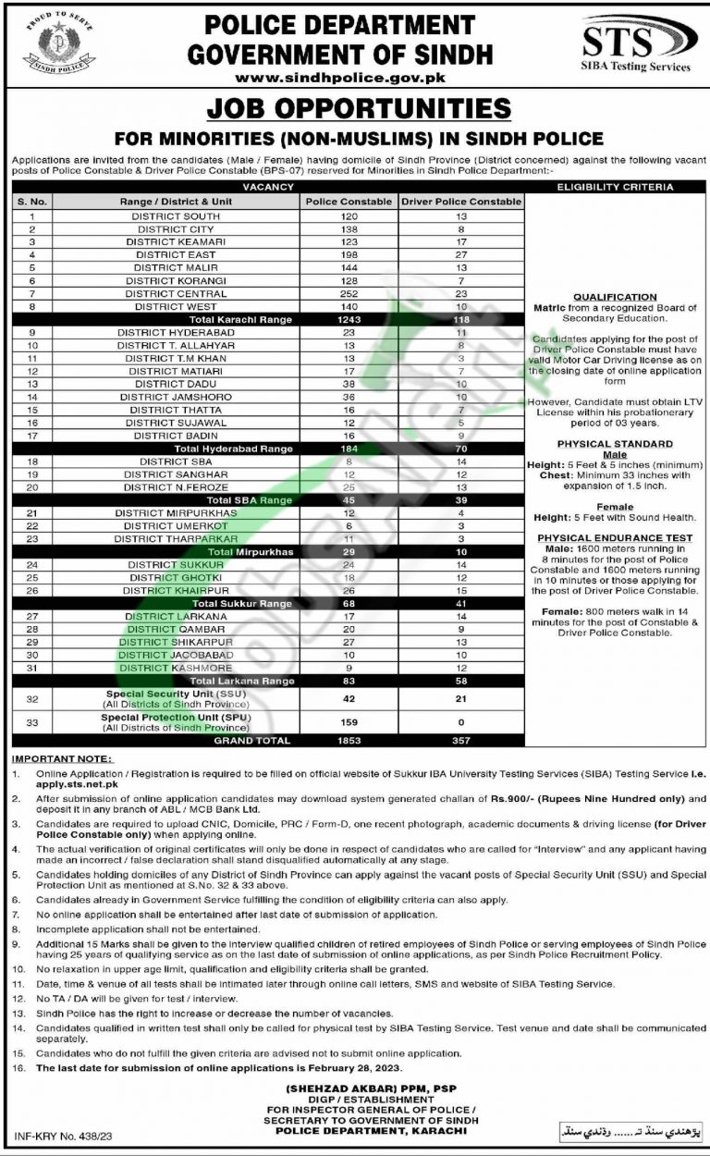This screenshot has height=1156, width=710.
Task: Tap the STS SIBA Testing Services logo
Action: pos(639,46)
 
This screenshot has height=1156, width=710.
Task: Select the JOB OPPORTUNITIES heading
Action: pos(358,108)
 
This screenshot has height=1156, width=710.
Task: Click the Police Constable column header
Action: pos(348,201)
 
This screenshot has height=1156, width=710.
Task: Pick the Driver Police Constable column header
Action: pos(461,201)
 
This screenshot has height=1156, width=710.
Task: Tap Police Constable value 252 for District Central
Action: pos(348,293)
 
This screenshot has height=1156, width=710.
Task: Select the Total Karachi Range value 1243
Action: pos(348,319)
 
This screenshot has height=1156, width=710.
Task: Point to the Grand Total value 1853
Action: pos(348,740)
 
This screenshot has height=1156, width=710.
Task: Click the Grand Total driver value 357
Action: pos(461,740)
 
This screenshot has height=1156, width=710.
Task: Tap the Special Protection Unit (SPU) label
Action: pos(175,717)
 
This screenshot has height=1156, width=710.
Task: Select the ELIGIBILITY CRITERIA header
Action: pos(615,187)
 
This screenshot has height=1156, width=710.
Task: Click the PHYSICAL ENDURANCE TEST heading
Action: pos(615,537)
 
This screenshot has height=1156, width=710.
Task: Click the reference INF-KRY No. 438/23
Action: pos(61,1135)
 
